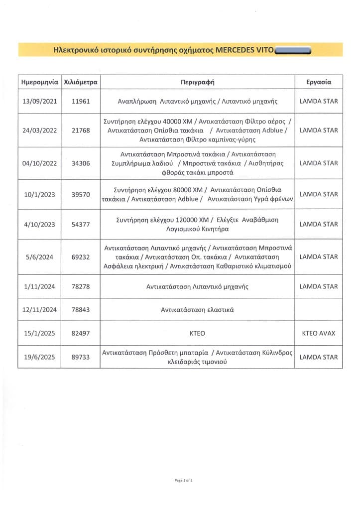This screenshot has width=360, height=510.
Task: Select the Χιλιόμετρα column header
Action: point(81,82)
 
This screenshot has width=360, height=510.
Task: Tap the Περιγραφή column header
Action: point(197,82)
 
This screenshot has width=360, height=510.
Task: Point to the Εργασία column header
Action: point(319,82)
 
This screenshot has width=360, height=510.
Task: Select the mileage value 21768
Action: point(81,130)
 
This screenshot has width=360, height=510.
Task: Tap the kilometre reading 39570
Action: point(81,195)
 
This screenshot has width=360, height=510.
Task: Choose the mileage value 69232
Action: point(81,257)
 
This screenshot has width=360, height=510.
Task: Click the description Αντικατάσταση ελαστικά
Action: point(197,310)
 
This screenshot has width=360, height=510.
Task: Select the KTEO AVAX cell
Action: point(319,333)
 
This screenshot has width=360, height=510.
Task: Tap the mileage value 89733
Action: point(81,357)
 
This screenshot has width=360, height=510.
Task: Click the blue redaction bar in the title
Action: point(293,50)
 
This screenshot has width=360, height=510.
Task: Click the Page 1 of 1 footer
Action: point(183,481)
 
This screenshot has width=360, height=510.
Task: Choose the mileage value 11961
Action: point(81,101)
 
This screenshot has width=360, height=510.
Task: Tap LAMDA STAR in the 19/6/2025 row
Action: point(319,357)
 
